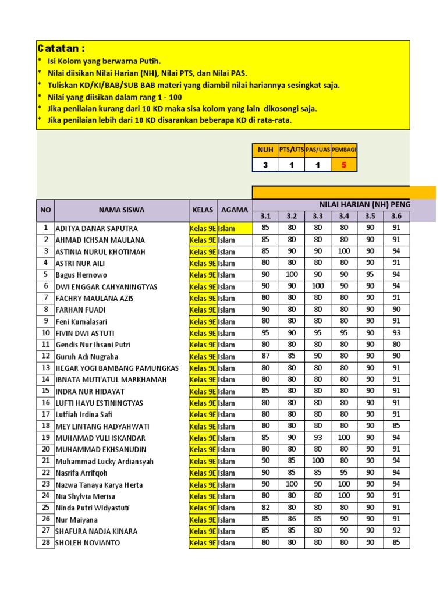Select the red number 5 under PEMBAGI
344,165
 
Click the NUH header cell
265,150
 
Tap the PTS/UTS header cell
292,150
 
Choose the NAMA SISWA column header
121,210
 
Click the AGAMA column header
235,210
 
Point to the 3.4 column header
344,217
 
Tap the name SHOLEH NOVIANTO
88,543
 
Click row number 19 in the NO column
45,438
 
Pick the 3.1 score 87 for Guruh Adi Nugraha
265,356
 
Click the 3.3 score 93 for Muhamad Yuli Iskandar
318,438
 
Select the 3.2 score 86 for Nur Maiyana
292,519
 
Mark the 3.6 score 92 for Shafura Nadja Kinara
396,531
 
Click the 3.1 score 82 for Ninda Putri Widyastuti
265,508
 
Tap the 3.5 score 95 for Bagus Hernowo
370,275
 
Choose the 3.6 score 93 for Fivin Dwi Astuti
396,333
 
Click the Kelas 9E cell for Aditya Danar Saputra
203,228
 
